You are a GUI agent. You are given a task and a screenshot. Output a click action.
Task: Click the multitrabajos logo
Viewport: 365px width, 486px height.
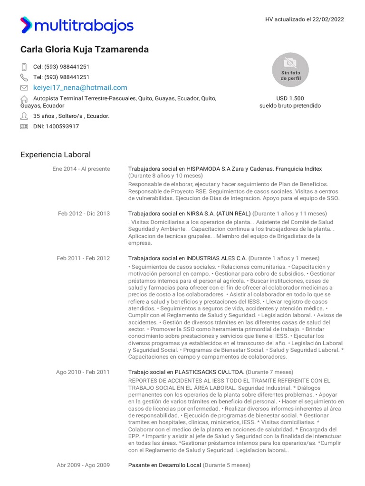pyautogui.click(x=77, y=25)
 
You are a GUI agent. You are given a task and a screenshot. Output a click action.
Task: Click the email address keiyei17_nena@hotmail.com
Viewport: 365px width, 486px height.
pyautogui.click(x=80, y=88)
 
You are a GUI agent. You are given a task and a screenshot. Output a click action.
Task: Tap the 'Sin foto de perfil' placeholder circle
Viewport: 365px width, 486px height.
pyautogui.click(x=290, y=70)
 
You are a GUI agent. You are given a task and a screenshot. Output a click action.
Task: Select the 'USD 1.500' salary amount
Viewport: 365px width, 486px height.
pyautogui.click(x=290, y=98)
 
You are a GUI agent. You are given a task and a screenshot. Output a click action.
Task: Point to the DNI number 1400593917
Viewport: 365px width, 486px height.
pyautogui.click(x=56, y=127)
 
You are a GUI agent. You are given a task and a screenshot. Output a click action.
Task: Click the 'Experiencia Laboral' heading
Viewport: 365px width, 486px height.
pyautogui.click(x=56, y=155)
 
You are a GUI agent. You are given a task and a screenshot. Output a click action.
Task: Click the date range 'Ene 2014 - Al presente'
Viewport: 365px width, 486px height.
pyautogui.click(x=81, y=169)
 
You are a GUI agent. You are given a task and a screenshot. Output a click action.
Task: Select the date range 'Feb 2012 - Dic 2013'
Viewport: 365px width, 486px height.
pyautogui.click(x=84, y=214)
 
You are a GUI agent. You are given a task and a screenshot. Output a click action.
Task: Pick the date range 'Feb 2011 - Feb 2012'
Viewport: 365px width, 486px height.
pyautogui.click(x=83, y=258)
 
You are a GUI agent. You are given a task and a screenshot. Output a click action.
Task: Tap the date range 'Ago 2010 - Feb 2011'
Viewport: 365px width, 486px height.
pyautogui.click(x=83, y=372)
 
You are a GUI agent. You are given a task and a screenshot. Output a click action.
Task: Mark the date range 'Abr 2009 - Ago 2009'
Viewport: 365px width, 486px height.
pyautogui.click(x=83, y=465)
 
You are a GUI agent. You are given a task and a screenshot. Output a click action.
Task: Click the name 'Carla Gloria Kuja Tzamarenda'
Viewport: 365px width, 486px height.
pyautogui.click(x=85, y=49)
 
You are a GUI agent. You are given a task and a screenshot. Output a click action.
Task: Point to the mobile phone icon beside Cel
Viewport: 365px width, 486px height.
pyautogui.click(x=24, y=67)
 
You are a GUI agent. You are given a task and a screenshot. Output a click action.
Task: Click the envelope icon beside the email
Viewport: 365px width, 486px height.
pyautogui.click(x=24, y=88)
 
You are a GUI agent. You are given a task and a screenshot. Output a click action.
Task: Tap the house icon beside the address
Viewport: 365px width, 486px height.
pyautogui.click(x=24, y=99)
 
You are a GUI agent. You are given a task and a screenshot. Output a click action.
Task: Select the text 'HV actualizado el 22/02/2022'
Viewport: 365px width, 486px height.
pyautogui.click(x=305, y=19)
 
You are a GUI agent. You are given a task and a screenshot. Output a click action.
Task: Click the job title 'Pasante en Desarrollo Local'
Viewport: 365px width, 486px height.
pyautogui.click(x=164, y=465)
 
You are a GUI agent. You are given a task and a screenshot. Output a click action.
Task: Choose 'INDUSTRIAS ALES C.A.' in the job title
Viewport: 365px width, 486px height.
pyautogui.click(x=216, y=258)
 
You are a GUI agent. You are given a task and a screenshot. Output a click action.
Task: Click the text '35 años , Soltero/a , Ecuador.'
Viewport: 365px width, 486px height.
pyautogui.click(x=71, y=116)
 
